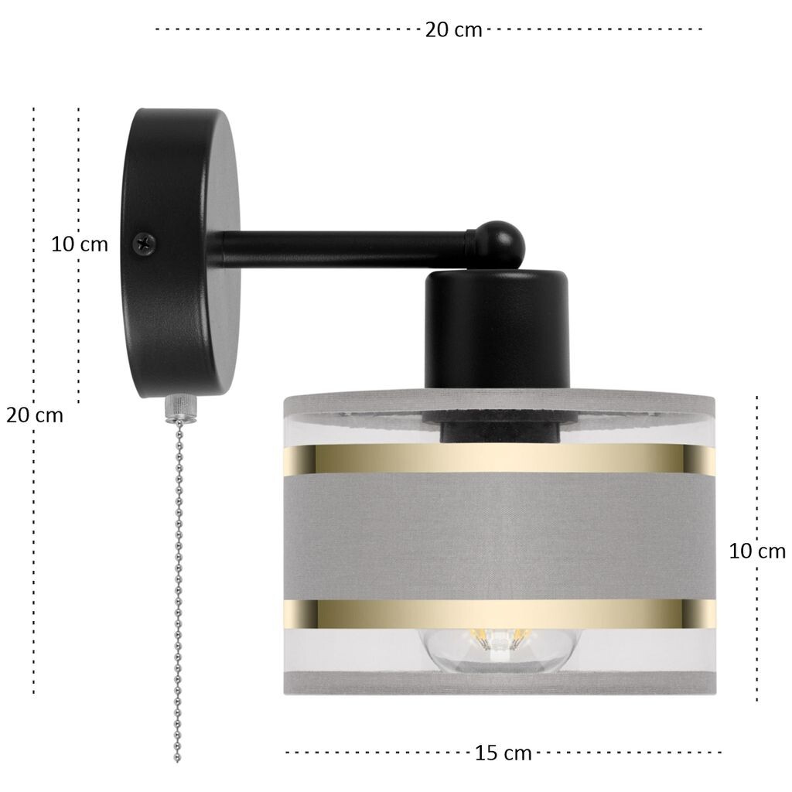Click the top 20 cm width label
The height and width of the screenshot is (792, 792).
click(453, 30)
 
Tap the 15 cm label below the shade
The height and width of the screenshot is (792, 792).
click(503, 753)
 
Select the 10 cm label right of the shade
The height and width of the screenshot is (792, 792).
click(757, 551)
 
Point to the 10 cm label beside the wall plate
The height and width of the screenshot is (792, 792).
click(80, 244)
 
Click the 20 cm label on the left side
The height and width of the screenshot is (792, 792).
click(34, 415)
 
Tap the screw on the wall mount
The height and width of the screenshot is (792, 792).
click(144, 243)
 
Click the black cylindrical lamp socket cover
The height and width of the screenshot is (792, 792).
click(497, 329)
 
